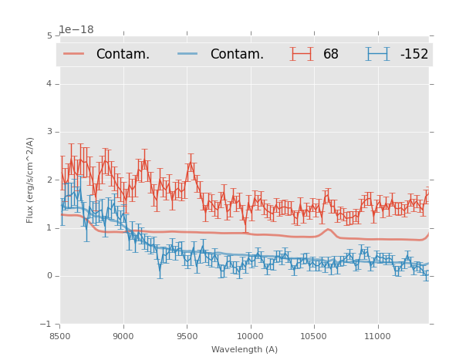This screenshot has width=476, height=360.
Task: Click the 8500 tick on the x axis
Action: pyautogui.click(x=60, y=336)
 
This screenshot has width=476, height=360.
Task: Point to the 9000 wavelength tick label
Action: pyautogui.click(x=123, y=336)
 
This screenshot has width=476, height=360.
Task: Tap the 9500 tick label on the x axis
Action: pyautogui.click(x=187, y=336)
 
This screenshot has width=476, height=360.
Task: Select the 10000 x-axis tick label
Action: pyautogui.click(x=250, y=336)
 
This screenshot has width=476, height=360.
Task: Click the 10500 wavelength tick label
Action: pyautogui.click(x=313, y=336)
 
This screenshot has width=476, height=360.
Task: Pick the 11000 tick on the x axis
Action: pyautogui.click(x=376, y=336)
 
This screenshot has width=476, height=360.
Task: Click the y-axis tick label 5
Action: pyautogui.click(x=49, y=35)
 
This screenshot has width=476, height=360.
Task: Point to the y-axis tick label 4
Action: pyautogui.click(x=49, y=84)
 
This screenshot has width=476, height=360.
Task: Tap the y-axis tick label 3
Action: pyautogui.click(x=49, y=132)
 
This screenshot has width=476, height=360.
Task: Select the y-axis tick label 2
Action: pyautogui.click(x=49, y=180)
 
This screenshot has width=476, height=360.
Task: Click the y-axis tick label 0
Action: pyautogui.click(x=49, y=276)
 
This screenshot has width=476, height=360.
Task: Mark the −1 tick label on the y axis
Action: pyautogui.click(x=47, y=325)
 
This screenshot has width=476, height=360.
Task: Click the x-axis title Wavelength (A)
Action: pyautogui.click(x=245, y=349)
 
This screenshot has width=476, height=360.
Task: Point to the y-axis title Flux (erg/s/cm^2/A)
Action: pyautogui.click(x=30, y=180)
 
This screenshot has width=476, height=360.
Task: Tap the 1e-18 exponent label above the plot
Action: pyautogui.click(x=76, y=29)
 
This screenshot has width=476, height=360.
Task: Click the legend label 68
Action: pyautogui.click(x=331, y=54)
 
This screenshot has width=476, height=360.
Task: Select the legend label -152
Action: pyautogui.click(x=414, y=54)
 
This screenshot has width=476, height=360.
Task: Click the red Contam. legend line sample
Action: pyautogui.click(x=74, y=53)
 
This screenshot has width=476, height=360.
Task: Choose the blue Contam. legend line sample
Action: pyautogui.click(x=188, y=53)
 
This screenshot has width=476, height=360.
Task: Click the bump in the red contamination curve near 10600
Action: pyautogui.click(x=328, y=229)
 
